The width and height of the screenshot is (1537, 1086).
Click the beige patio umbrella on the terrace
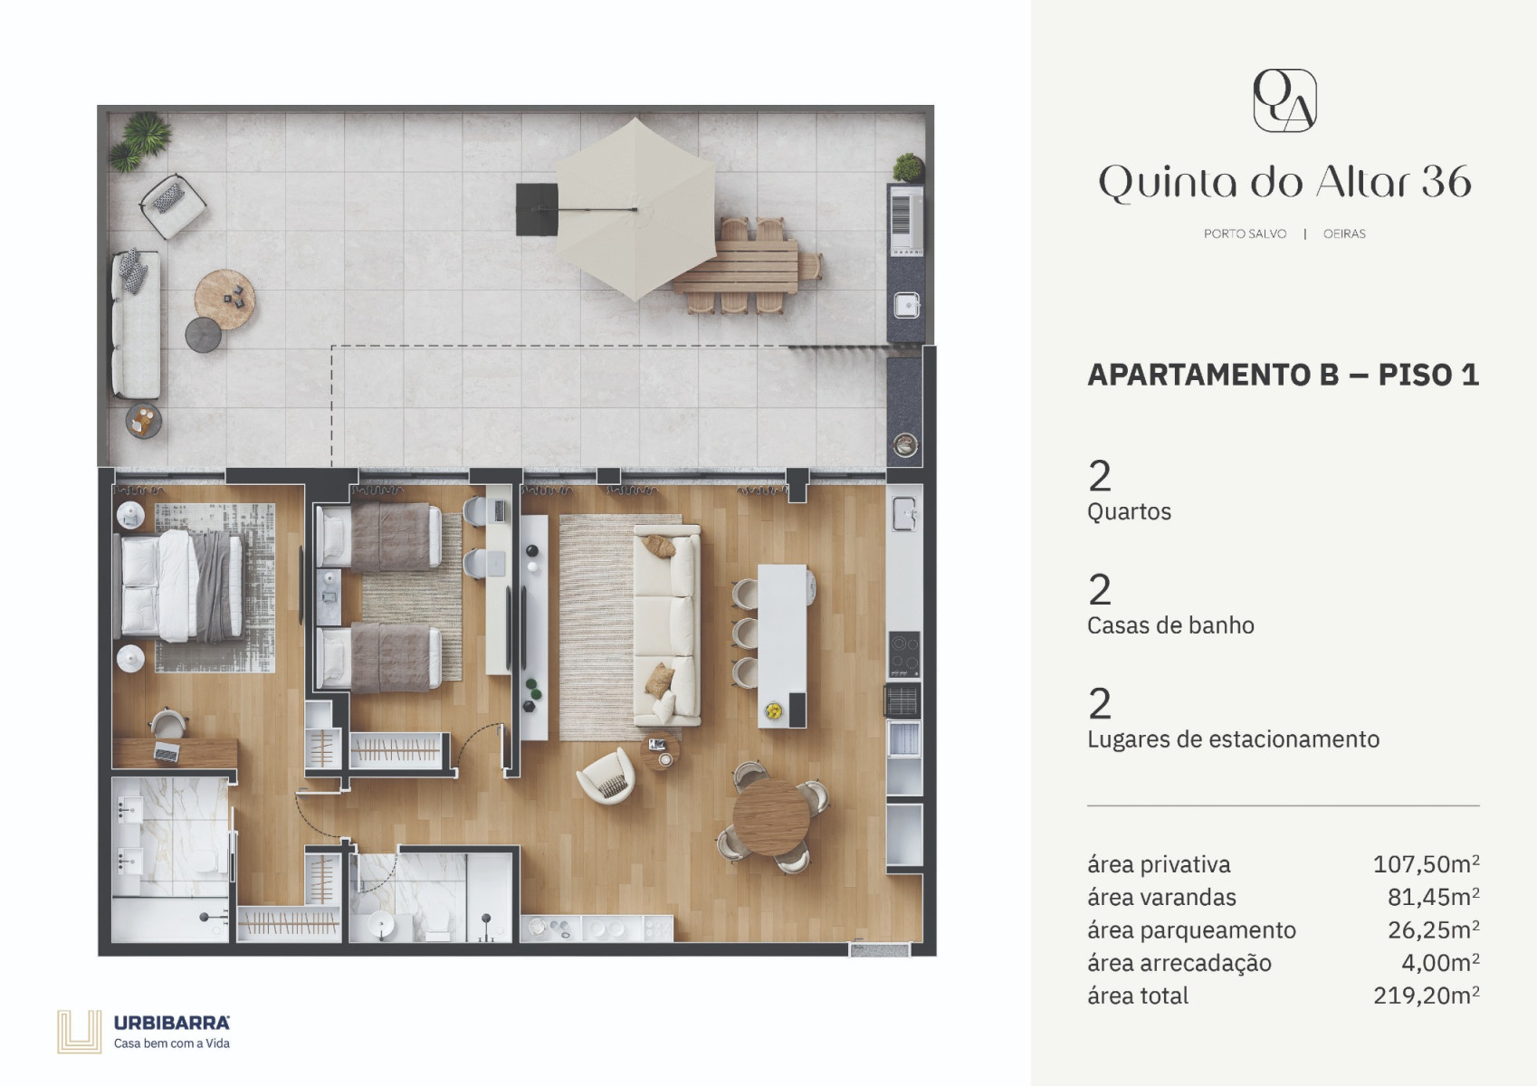[x=635, y=209]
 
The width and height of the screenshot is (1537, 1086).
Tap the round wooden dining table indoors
[x=771, y=817]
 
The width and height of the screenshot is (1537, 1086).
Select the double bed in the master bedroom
[x=182, y=586]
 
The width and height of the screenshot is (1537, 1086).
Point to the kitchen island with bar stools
[x=781, y=645]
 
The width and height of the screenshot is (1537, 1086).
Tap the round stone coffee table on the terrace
[x=224, y=300]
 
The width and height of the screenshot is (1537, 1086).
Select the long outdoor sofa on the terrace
[x=136, y=324]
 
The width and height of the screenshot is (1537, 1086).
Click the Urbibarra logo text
[x=172, y=1023]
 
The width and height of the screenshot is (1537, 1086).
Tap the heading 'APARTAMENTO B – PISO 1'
[x=1284, y=375]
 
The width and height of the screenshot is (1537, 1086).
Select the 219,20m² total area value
[x=1426, y=995]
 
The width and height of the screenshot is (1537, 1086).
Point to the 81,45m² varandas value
[x=1434, y=897]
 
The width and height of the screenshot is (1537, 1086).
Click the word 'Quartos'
[x=1129, y=512]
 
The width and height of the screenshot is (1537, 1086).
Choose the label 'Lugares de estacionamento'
[x=1233, y=738]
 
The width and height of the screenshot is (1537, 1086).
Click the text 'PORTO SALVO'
[x=1245, y=233]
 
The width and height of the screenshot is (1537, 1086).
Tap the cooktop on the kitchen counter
[x=904, y=654]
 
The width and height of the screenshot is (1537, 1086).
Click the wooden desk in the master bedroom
[x=175, y=753]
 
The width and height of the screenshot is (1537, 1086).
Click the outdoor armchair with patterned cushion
[x=173, y=205]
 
